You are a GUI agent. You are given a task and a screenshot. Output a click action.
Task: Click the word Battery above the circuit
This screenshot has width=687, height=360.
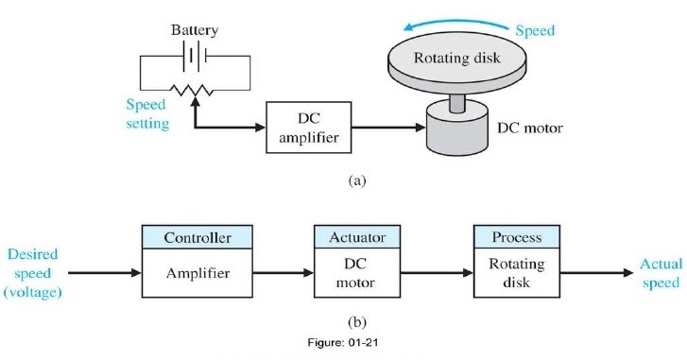click(195, 30)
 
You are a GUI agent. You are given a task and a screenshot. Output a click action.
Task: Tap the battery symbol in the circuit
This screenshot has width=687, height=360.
click(195, 56)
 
